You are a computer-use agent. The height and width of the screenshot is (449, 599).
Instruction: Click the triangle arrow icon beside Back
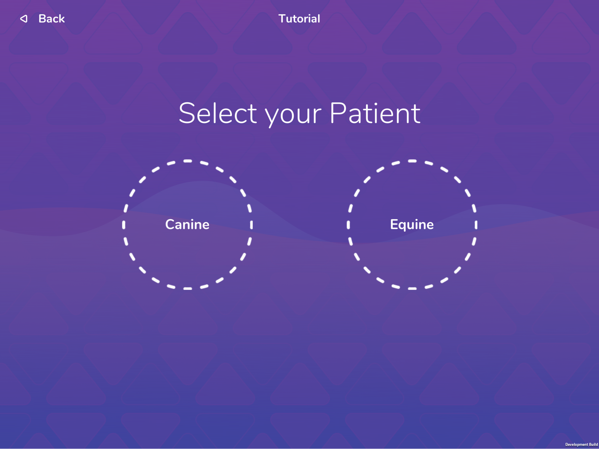(24, 19)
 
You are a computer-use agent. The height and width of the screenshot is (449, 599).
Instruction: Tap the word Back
(52, 19)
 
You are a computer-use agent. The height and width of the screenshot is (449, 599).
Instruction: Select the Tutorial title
(299, 19)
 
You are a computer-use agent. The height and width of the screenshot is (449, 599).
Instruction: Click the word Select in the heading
(218, 113)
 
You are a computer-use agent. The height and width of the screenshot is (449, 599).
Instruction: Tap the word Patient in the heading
(375, 113)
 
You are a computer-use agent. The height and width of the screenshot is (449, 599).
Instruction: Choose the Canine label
(187, 224)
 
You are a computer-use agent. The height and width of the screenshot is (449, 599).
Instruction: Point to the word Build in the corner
(593, 445)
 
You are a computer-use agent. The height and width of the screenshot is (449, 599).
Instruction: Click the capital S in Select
(187, 113)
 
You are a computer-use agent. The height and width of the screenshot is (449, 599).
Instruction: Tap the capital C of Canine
(170, 224)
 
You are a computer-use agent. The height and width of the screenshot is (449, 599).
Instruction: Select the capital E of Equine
(394, 224)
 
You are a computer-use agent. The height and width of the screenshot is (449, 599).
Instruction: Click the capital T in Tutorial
(283, 19)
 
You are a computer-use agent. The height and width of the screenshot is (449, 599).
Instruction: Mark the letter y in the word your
(273, 117)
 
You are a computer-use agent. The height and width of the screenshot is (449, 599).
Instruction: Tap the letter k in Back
(61, 19)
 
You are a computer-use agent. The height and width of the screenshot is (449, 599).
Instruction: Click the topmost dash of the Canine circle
(188, 161)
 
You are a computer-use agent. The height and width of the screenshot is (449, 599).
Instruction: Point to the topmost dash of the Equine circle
(412, 161)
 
